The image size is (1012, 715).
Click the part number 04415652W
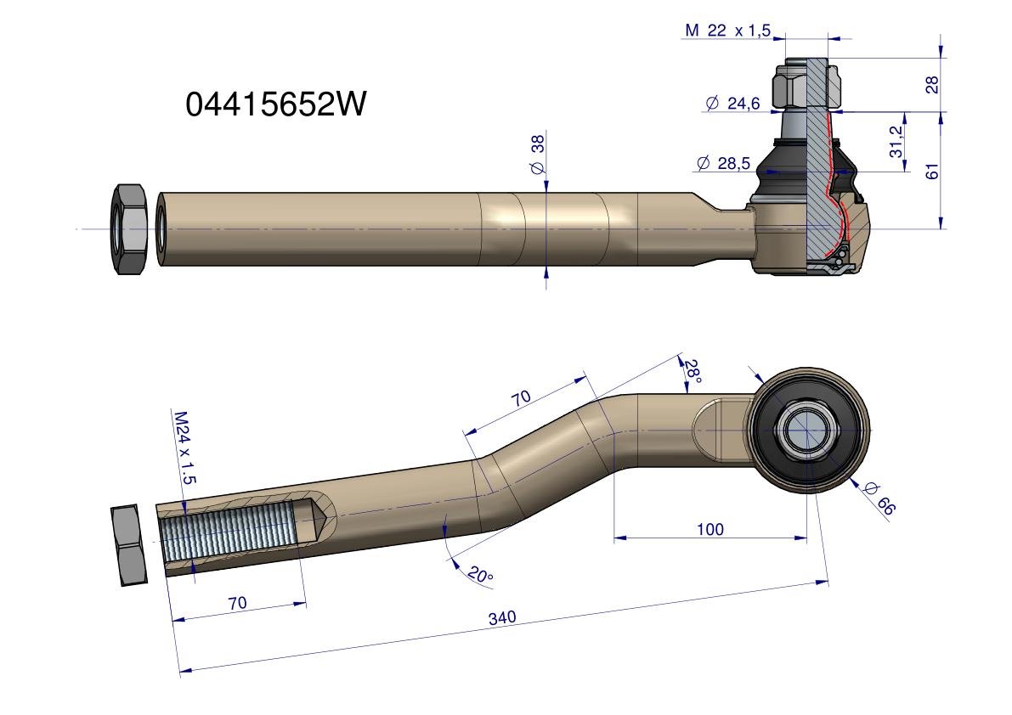click(x=275, y=103)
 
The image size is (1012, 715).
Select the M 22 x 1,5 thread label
click(x=727, y=31)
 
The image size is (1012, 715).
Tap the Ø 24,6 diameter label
click(x=732, y=103)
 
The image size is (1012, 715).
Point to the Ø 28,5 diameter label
click(x=723, y=163)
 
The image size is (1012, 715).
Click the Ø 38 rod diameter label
click(x=538, y=154)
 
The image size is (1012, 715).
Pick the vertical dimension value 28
click(x=932, y=84)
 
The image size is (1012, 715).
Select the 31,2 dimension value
click(x=896, y=142)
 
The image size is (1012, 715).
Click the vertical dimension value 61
click(x=932, y=172)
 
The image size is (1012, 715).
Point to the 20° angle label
click(x=480, y=574)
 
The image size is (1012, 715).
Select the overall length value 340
click(x=502, y=617)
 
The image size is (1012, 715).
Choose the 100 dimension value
click(x=710, y=529)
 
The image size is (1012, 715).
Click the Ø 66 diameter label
click(x=879, y=498)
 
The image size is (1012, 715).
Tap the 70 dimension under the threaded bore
click(x=238, y=603)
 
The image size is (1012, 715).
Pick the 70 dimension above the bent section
click(x=522, y=397)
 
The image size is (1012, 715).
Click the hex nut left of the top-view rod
click(x=129, y=229)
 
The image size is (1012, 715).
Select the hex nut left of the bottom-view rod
click(x=129, y=545)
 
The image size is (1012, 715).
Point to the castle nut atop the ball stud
click(x=807, y=83)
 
